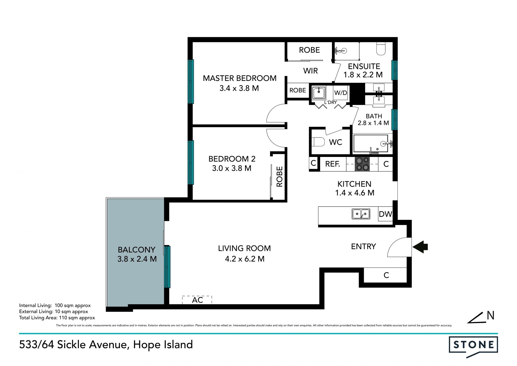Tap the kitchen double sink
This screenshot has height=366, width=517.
click(361, 214)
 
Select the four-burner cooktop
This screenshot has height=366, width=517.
click(362, 164)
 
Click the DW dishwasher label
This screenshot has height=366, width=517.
click(385, 214)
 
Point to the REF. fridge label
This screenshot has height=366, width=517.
click(333, 164)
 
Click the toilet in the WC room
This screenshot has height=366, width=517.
click(318, 142)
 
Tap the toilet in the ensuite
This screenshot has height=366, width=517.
click(381, 49)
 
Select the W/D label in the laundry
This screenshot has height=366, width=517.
click(341, 93)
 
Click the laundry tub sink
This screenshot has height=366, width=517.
click(319, 93)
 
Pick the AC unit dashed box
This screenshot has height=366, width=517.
click(197, 300)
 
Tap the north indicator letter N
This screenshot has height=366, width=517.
click(491, 316)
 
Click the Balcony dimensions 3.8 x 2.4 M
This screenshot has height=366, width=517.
click(137, 259)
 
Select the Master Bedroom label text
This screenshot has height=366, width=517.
click(240, 78)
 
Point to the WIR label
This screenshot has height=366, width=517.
click(310, 71)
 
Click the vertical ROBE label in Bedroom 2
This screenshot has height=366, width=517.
click(280, 176)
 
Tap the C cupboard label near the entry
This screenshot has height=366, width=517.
click(386, 275)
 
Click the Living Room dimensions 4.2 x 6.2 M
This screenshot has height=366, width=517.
click(245, 259)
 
